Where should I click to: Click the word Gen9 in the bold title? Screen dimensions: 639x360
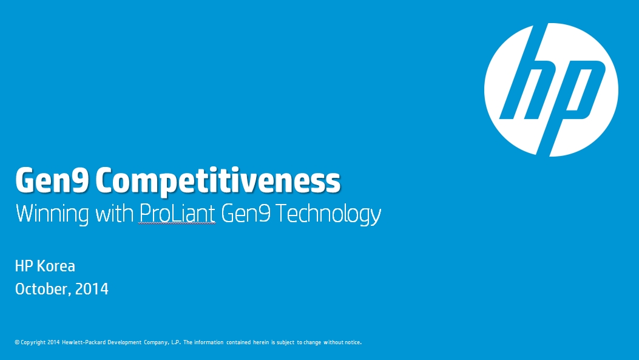pos(52,180)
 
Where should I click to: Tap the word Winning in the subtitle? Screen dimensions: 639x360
pos(52,214)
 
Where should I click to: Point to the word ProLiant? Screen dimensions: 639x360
pos(177,213)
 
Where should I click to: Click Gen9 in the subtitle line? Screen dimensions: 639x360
pos(246,213)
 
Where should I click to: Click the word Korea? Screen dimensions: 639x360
pos(56,267)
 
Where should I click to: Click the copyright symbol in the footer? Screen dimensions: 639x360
pos(17,342)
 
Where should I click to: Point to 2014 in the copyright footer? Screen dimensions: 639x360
pos(53,342)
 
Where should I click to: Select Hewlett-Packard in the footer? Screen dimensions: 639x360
pos(84,342)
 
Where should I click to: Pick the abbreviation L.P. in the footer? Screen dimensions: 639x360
pos(176,342)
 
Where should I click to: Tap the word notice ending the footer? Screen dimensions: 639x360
pos(353,342)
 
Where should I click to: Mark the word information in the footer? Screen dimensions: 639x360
pos(209,342)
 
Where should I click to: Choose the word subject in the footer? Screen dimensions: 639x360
pos(285,342)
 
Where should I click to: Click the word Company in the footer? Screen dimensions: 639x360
pos(156,342)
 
